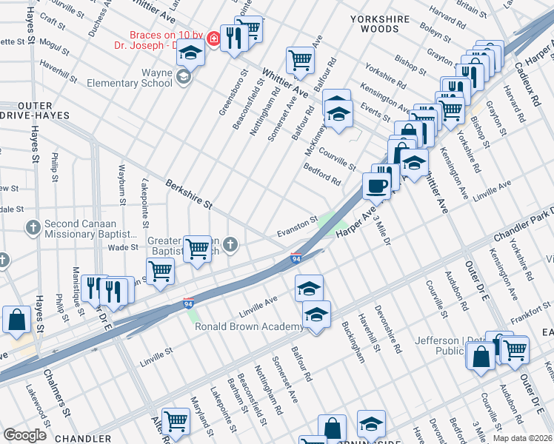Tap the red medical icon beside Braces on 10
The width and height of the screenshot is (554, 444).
pos(213,38)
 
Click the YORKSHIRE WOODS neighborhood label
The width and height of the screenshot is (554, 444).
pos(384,22)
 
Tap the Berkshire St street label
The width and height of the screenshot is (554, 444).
pos(189,193)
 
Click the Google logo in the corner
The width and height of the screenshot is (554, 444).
pos(24,434)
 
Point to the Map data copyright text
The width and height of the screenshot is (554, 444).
pos(522,437)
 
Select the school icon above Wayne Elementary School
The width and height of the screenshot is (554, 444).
pos(190,53)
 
